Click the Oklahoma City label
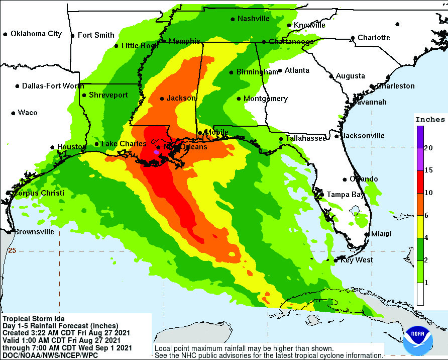tap(36, 34)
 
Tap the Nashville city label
tap(254, 19)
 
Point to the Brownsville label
tap(34, 232)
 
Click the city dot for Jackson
tap(162, 99)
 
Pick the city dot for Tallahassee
tap(281, 139)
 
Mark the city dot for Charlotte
tap(353, 38)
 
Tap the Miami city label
tap(381, 234)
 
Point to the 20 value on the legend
tap(428, 148)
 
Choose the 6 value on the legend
tap(426, 215)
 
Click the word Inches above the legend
tap(429, 120)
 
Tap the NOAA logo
tap(417, 341)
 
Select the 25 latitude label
tap(13, 250)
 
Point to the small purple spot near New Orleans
tap(156, 151)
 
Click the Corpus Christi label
tap(39, 193)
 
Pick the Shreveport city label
tap(108, 95)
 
